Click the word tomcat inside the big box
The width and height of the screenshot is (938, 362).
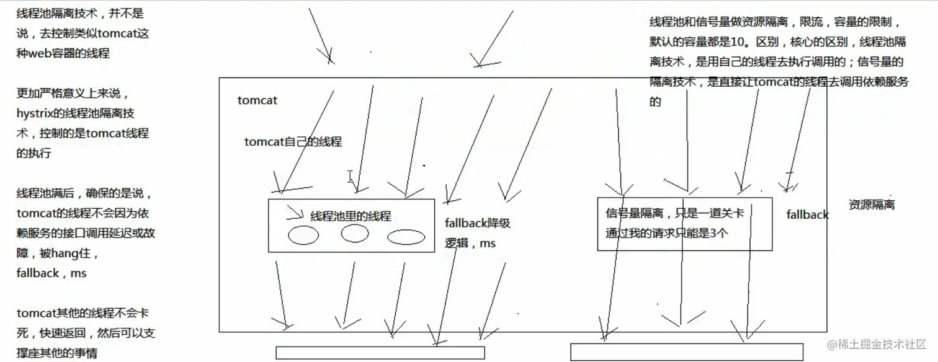pyautogui.click(x=257, y=100)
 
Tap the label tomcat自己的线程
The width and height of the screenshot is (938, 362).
pyautogui.click(x=293, y=142)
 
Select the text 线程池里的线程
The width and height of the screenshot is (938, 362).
pyautogui.click(x=351, y=216)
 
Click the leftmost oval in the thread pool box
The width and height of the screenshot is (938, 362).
pyautogui.click(x=303, y=236)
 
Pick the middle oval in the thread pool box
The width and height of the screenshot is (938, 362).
pyautogui.click(x=355, y=233)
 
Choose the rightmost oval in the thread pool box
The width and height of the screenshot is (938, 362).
pyautogui.click(x=406, y=237)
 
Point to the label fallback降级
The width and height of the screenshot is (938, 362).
pyautogui.click(x=478, y=223)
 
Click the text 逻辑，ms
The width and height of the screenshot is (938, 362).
pyautogui.click(x=470, y=244)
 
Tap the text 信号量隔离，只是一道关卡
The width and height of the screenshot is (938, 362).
pyautogui.click(x=675, y=214)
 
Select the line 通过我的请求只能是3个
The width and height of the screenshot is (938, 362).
pyautogui.click(x=667, y=234)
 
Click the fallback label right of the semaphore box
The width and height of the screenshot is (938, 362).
pyautogui.click(x=807, y=215)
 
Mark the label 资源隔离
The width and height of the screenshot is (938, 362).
pyautogui.click(x=872, y=205)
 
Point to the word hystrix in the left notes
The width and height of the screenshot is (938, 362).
pyautogui.click(x=37, y=113)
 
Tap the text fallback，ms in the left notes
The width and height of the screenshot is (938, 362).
pyautogui.click(x=51, y=273)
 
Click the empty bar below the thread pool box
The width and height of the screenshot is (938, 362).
pyautogui.click(x=380, y=353)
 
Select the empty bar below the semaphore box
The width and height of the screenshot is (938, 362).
pyautogui.click(x=686, y=351)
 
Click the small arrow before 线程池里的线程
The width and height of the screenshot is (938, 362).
pyautogui.click(x=295, y=215)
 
